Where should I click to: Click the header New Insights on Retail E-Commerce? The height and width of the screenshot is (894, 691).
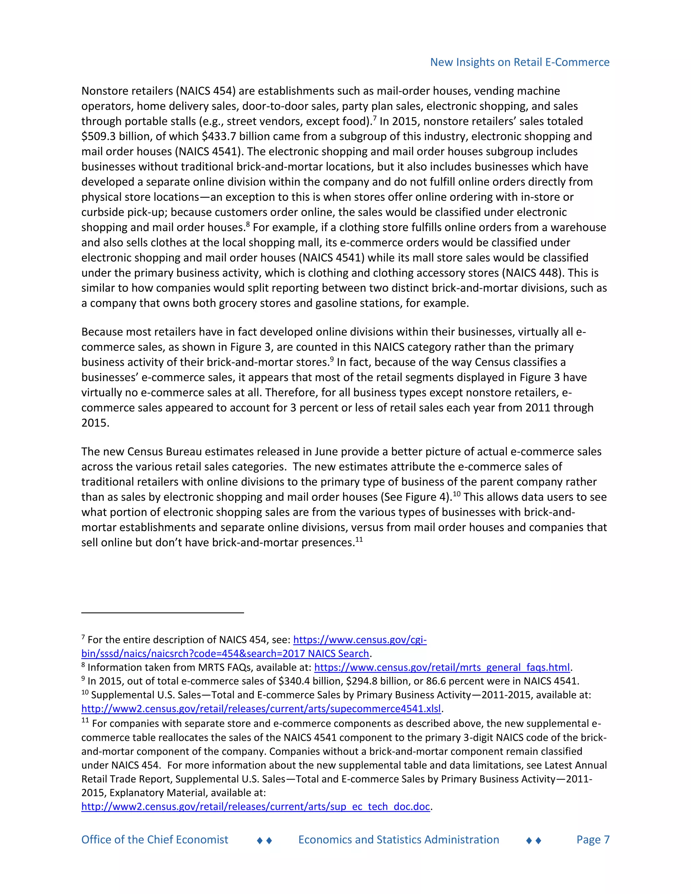[x=520, y=62]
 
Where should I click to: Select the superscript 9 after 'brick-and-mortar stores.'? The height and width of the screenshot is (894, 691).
[x=332, y=359]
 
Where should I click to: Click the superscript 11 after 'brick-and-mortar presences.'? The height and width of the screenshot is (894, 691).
[x=359, y=539]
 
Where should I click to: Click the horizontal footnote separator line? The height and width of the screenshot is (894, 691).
[x=163, y=613]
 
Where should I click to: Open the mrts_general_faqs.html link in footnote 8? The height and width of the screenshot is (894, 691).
[x=442, y=668]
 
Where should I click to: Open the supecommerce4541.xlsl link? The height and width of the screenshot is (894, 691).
[x=261, y=708]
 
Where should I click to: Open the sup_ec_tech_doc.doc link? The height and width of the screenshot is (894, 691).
[x=255, y=806]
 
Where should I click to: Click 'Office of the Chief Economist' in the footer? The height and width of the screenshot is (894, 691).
[x=155, y=840]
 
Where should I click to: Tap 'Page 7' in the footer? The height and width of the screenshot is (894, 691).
[x=593, y=840]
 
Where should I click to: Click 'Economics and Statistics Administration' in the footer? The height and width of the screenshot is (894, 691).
[x=399, y=840]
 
